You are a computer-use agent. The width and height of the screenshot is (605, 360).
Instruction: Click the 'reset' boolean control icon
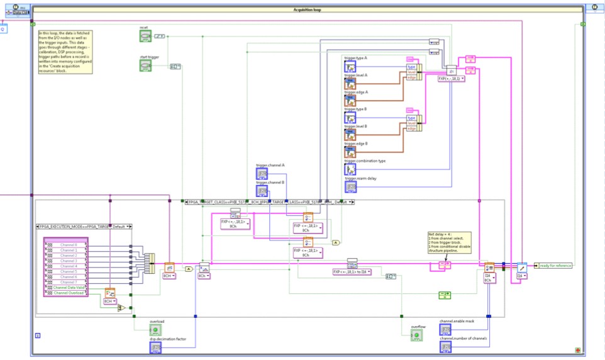pos(145,36)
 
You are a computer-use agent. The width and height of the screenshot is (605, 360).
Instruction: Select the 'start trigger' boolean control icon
pos(145,65)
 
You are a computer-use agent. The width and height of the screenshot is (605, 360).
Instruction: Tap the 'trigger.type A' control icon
pos(350,66)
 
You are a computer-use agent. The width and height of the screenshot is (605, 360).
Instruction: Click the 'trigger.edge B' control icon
pos(350,152)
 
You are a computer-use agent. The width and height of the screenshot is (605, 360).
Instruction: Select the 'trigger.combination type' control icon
pos(350,169)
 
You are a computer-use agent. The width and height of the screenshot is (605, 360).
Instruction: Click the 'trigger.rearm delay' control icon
pos(350,186)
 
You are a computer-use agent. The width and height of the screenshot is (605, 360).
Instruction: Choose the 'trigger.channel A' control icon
pos(262,174)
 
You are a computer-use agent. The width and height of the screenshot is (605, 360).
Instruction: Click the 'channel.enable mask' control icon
pos(445,329)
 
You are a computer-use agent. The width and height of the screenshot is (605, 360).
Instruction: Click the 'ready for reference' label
pos(555,266)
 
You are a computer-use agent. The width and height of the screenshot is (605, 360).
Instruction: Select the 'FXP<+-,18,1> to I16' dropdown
pos(352,272)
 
